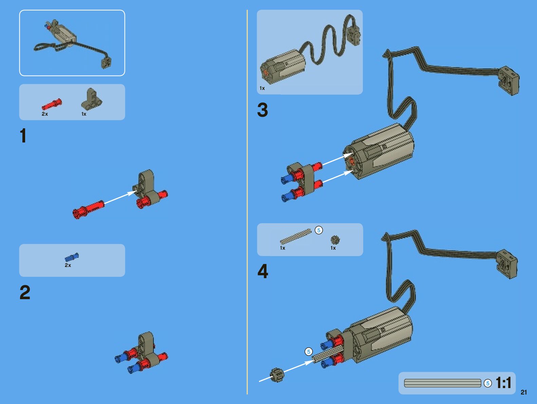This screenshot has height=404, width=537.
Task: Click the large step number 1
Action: pyautogui.click(x=23, y=136)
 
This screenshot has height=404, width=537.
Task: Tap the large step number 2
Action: pyautogui.click(x=25, y=292)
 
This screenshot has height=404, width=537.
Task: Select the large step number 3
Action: pyautogui.click(x=262, y=110)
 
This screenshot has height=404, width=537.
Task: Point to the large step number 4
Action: pyautogui.click(x=263, y=271)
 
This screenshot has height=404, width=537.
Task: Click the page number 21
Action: pyautogui.click(x=524, y=392)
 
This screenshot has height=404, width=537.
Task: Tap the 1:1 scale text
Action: pyautogui.click(x=503, y=383)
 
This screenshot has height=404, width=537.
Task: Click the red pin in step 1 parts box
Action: pyautogui.click(x=52, y=104)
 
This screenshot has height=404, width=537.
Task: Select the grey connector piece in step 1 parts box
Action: pyautogui.click(x=91, y=99)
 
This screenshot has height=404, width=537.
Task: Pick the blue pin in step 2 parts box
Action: pyautogui.click(x=72, y=257)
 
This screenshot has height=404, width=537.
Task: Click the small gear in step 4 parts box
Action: pyautogui.click(x=335, y=240)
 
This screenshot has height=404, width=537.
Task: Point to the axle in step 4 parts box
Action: pyautogui.click(x=295, y=236)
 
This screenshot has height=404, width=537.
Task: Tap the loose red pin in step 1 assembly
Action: pyautogui.click(x=88, y=209)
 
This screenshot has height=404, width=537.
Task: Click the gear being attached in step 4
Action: pyautogui.click(x=277, y=375)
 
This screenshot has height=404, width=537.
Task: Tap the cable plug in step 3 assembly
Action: pyautogui.click(x=508, y=80)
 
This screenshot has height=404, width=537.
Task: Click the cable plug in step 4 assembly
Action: pyautogui.click(x=507, y=264)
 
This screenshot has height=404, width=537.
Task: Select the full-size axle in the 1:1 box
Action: pyautogui.click(x=443, y=383)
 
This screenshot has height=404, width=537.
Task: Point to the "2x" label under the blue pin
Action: pyautogui.click(x=68, y=265)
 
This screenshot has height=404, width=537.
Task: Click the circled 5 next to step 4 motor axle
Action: pyautogui.click(x=309, y=352)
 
